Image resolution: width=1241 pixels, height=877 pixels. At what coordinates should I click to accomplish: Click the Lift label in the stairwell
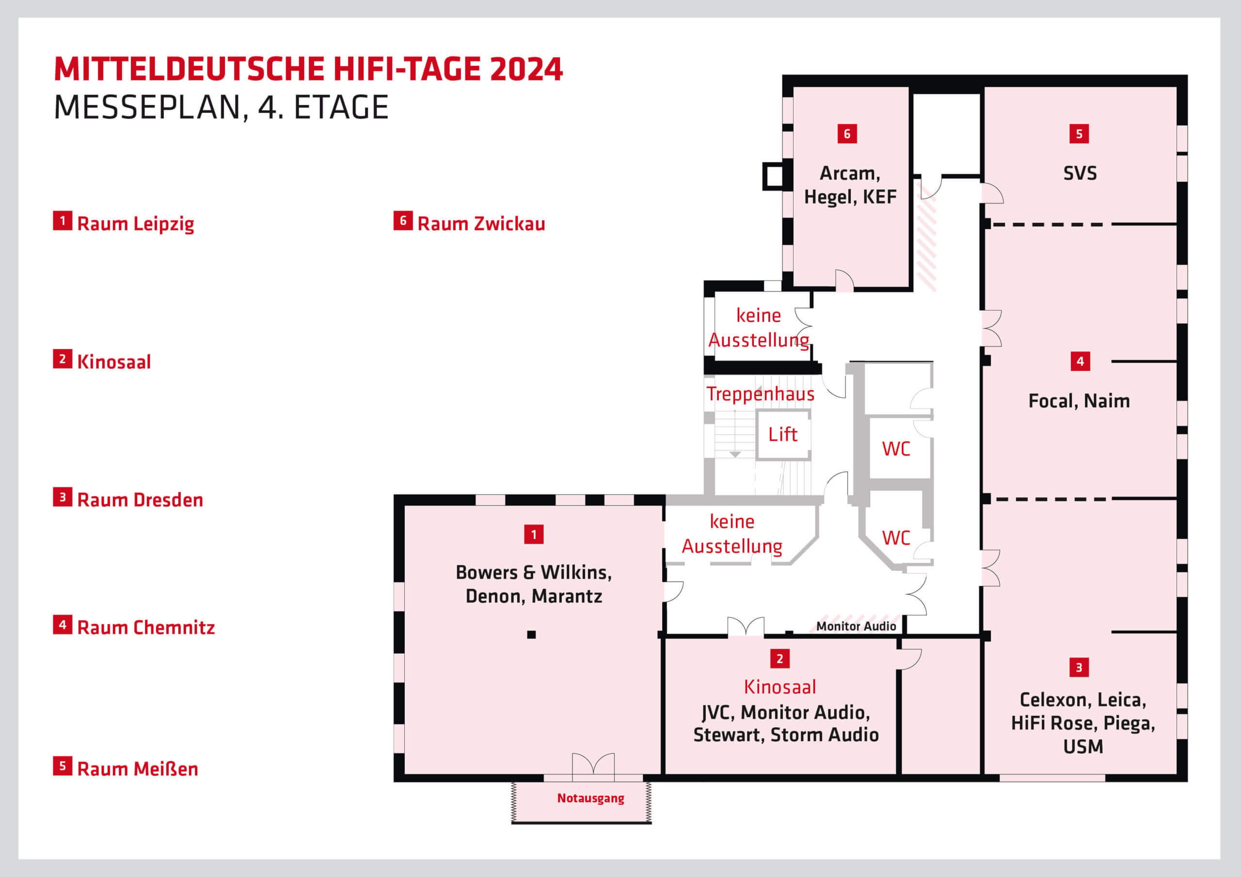(782, 434)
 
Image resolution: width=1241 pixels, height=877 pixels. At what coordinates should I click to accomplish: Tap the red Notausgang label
(591, 798)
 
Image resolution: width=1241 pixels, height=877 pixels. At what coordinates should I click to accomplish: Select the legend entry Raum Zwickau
(469, 222)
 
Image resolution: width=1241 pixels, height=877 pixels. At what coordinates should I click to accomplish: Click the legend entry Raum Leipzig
(124, 222)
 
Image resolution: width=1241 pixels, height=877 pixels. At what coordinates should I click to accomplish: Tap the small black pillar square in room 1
(531, 635)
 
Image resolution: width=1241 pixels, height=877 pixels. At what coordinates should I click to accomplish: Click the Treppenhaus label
(760, 394)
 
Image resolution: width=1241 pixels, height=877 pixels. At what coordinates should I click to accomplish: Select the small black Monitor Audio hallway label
(856, 626)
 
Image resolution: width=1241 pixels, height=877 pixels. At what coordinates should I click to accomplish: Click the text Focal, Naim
(1079, 401)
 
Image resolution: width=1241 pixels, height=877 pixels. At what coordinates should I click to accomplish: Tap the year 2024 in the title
(526, 69)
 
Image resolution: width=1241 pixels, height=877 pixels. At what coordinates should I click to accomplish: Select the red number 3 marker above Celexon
(1079, 667)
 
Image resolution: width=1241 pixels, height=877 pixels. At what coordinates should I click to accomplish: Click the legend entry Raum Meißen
(126, 768)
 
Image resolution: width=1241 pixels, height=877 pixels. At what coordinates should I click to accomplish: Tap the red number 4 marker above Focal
(1080, 361)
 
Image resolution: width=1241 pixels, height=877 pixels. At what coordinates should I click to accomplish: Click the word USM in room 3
(1082, 747)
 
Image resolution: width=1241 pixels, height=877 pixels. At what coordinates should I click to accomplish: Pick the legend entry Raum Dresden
(128, 499)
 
